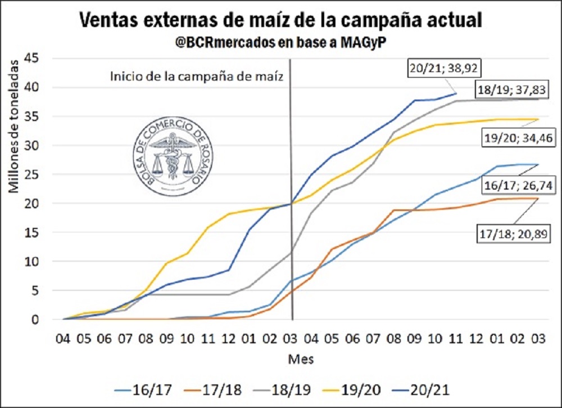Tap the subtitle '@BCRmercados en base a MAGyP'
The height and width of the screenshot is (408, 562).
pyautogui.click(x=280, y=43)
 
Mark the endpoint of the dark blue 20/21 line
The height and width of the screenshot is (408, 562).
pyautogui.click(x=456, y=93)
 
